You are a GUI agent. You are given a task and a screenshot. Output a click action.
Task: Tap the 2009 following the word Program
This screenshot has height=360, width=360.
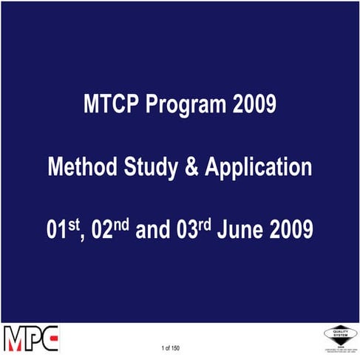[x=254, y=106]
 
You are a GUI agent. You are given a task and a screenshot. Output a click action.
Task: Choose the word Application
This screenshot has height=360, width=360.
[x=259, y=168]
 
